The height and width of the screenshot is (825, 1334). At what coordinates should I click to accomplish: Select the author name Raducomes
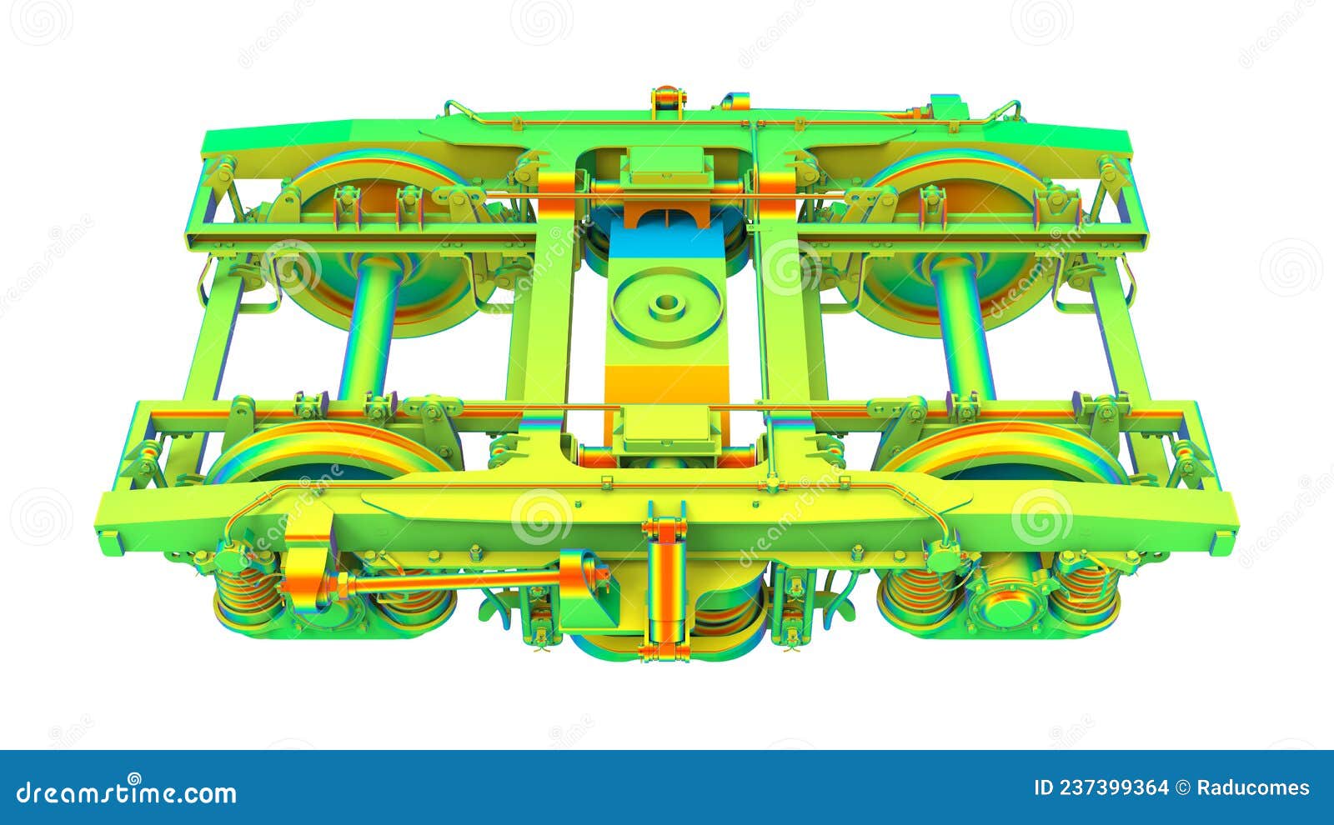click(1253, 787)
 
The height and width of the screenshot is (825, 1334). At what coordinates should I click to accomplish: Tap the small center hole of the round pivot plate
click(665, 303)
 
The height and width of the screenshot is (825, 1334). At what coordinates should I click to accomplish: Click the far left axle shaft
click(370, 329)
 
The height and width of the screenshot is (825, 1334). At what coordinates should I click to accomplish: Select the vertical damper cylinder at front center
click(665, 583)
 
